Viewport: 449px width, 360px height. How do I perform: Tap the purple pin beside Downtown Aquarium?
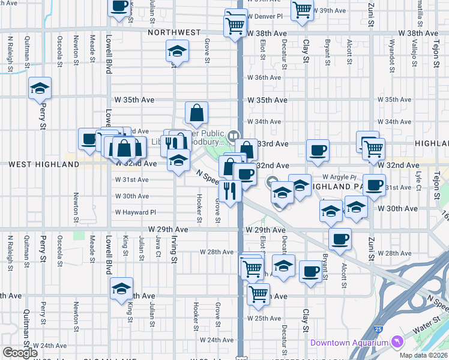click(x=396, y=342)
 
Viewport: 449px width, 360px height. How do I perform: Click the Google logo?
click(x=20, y=353)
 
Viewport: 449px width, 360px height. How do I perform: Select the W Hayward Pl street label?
click(x=136, y=212)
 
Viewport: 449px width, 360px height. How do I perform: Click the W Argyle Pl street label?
click(x=340, y=177)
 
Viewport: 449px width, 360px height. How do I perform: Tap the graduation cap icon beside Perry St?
click(x=40, y=89)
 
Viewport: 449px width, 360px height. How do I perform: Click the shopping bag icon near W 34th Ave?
click(x=196, y=112)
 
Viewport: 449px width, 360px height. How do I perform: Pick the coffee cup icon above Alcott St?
click(x=340, y=239)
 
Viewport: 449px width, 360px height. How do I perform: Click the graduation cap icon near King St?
click(x=121, y=289)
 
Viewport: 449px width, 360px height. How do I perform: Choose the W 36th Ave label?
click(x=264, y=78)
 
